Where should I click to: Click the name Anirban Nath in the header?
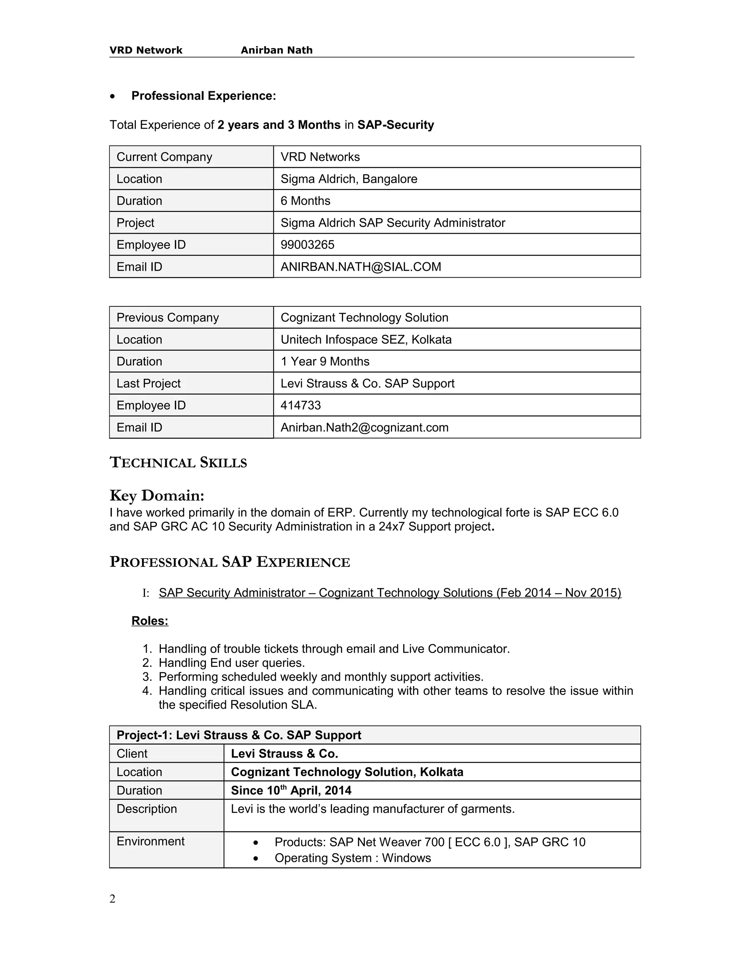point(276,50)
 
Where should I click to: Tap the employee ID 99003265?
point(307,245)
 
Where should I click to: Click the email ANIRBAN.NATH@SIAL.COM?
point(360,267)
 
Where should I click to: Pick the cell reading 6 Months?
point(305,201)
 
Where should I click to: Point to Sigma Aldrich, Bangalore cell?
point(349,179)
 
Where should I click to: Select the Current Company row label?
point(164,157)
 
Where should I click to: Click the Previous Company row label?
point(167,318)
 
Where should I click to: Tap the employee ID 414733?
point(300,405)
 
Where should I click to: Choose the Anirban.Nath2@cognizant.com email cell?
point(364,427)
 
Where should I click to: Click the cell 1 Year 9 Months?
point(325,362)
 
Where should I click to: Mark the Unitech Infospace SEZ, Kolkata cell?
point(366,339)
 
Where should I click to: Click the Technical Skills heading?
point(178,463)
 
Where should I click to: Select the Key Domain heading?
point(157,496)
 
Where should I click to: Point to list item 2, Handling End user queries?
point(231,663)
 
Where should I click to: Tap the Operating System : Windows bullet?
point(352,858)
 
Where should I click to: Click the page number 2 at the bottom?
point(112,899)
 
